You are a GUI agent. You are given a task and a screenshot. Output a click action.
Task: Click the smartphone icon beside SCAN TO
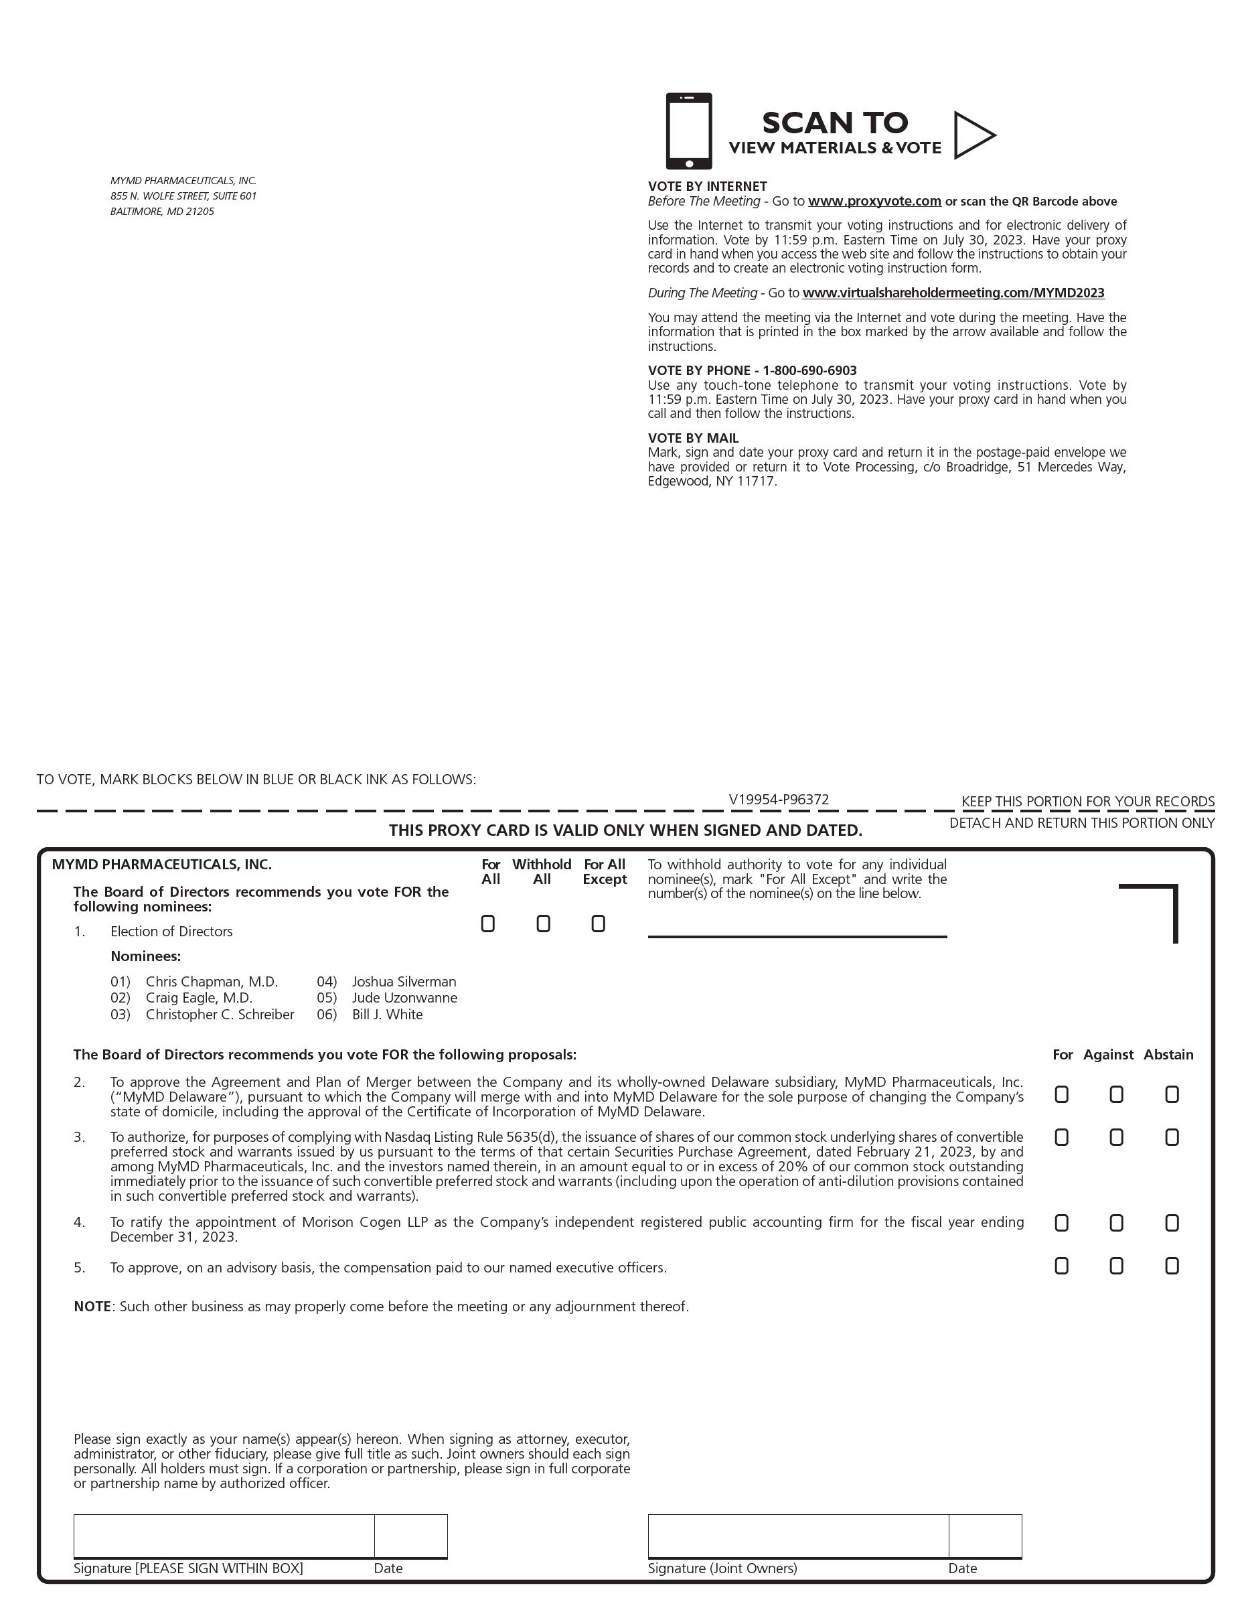coord(689,131)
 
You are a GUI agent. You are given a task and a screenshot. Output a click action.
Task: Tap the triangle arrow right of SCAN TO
coord(972,135)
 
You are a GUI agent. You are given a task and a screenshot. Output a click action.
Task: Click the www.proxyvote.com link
coord(874,202)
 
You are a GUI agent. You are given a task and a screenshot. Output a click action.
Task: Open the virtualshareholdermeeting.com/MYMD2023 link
coord(953,293)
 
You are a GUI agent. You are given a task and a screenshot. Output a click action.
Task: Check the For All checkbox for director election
coord(488,924)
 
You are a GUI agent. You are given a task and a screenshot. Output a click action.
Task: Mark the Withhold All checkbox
coord(543,924)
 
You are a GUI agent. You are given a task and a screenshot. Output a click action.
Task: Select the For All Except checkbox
coord(599,924)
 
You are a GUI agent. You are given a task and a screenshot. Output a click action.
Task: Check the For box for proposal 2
coord(1061,1094)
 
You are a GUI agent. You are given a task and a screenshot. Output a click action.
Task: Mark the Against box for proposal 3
coord(1116,1137)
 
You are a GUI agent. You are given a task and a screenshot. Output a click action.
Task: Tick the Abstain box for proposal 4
coord(1172,1222)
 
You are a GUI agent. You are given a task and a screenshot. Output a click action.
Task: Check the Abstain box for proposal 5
coord(1172,1266)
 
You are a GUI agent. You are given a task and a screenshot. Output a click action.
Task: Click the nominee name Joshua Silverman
coord(404,982)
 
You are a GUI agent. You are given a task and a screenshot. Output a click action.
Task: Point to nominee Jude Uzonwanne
coord(404,998)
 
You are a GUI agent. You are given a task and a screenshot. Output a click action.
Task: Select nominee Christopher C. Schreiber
coord(220,1014)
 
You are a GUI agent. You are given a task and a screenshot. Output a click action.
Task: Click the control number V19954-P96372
coord(779,800)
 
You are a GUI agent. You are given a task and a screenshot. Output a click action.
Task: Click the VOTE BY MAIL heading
coord(693,438)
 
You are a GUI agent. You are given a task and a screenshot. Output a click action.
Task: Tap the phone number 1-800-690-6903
coord(809,370)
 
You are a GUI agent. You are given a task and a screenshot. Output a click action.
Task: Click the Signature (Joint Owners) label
coord(722,1568)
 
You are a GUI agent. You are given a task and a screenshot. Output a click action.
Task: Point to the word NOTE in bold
coord(92,1306)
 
